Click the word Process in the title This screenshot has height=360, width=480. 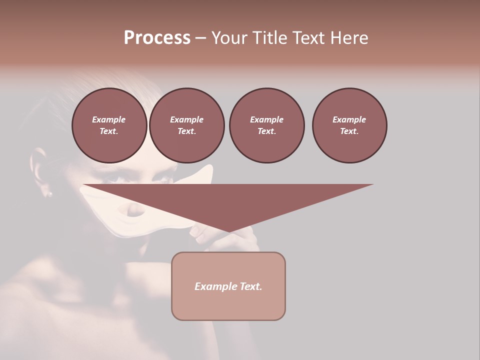(x=157, y=38)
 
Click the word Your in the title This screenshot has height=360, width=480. (x=230, y=38)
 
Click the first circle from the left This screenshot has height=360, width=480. (x=109, y=125)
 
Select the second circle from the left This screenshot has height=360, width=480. (x=187, y=125)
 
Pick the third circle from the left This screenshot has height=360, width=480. (x=266, y=125)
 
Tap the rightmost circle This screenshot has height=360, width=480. (x=349, y=125)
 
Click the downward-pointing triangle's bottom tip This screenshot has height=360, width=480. (x=229, y=231)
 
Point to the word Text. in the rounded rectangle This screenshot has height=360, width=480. (x=250, y=286)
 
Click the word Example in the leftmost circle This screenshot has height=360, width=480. (x=109, y=119)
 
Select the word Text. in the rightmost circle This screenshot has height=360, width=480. (x=349, y=131)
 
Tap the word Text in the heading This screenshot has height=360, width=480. (x=309, y=38)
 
